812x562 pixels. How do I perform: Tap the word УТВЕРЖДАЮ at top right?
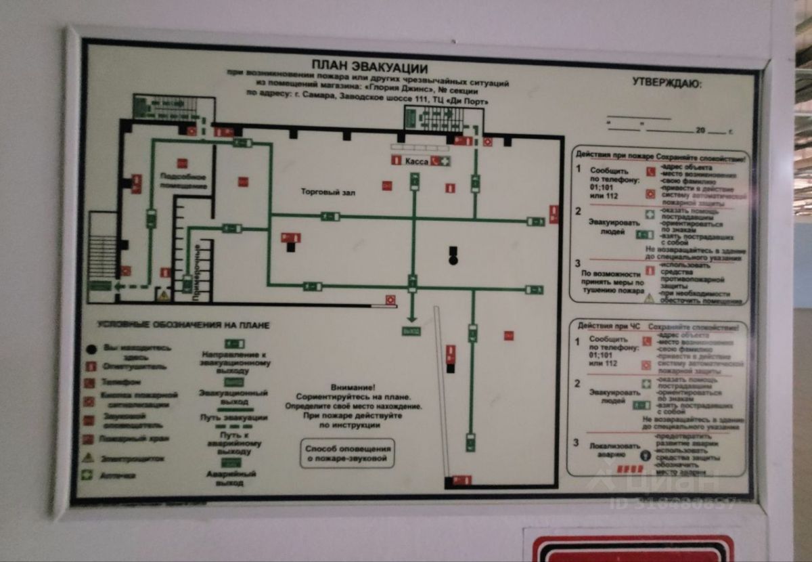(x=667, y=83)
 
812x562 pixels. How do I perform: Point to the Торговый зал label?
(x=328, y=192)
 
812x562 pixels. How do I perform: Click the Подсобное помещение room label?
(x=183, y=181)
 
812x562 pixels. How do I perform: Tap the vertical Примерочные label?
(x=196, y=278)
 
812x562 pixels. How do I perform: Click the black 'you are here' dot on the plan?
(x=453, y=260)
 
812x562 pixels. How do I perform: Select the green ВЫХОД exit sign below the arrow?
(x=411, y=331)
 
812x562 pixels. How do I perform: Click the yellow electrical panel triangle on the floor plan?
(x=162, y=295)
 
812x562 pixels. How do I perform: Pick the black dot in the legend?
(x=91, y=349)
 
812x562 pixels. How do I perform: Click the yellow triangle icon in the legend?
(x=88, y=458)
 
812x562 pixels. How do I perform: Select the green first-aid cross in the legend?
(x=87, y=475)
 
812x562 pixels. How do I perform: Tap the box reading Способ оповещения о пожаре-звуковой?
(x=348, y=454)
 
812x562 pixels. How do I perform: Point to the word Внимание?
(x=358, y=384)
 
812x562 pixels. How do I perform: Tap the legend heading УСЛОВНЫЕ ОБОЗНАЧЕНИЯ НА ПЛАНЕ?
(x=183, y=326)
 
